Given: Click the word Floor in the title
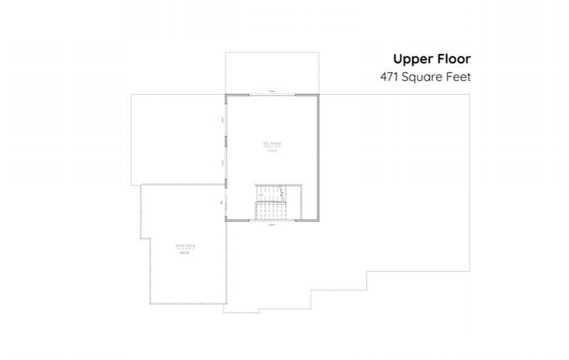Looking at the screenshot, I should pyautogui.click(x=452, y=59).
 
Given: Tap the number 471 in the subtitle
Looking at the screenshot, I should pyautogui.click(x=390, y=77).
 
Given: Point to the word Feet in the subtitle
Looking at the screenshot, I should pyautogui.click(x=459, y=77).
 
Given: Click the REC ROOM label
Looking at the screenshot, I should pyautogui.click(x=272, y=143).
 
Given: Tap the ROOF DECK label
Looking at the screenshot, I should pyautogui.click(x=185, y=245).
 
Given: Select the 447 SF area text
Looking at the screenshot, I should pyautogui.click(x=185, y=253).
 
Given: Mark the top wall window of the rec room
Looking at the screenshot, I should pyautogui.click(x=272, y=93).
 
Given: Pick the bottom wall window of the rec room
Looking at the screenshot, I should pyautogui.click(x=272, y=222).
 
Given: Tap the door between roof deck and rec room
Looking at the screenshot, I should pyautogui.click(x=224, y=202).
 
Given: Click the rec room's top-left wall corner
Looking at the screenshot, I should pyautogui.click(x=226, y=95).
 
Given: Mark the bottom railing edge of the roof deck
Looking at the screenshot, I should pyautogui.click(x=188, y=303).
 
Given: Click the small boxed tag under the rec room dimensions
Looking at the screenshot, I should pyautogui.click(x=272, y=151).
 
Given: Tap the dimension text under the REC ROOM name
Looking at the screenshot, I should pyautogui.click(x=272, y=147).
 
